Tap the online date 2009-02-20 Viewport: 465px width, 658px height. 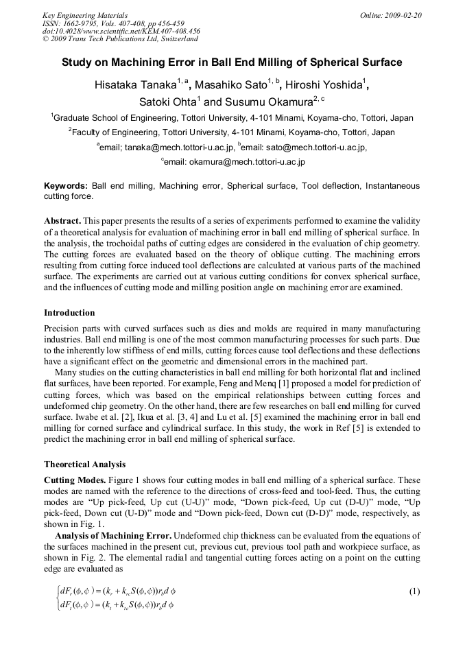404,15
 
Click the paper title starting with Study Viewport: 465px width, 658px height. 232,62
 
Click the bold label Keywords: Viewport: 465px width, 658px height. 65,186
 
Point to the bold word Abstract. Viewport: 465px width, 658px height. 64,221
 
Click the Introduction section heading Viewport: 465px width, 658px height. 69,313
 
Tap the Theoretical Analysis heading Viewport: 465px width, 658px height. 84,465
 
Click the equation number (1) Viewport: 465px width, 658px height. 414,591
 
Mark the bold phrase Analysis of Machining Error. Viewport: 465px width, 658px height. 112,534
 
